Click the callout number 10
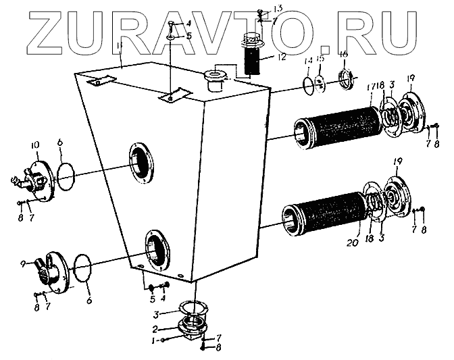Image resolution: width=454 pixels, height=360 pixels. point(34,145)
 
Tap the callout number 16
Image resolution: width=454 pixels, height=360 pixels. point(344,53)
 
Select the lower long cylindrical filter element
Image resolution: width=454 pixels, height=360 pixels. point(328,209)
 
